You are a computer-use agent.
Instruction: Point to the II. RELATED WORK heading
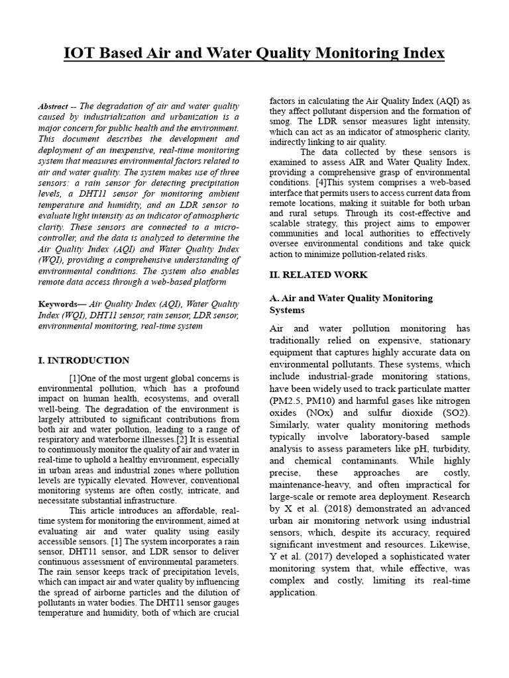click(317, 274)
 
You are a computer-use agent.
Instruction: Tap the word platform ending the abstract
click(207, 281)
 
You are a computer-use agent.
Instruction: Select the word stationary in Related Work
click(447, 341)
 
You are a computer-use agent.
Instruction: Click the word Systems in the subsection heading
click(287, 310)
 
